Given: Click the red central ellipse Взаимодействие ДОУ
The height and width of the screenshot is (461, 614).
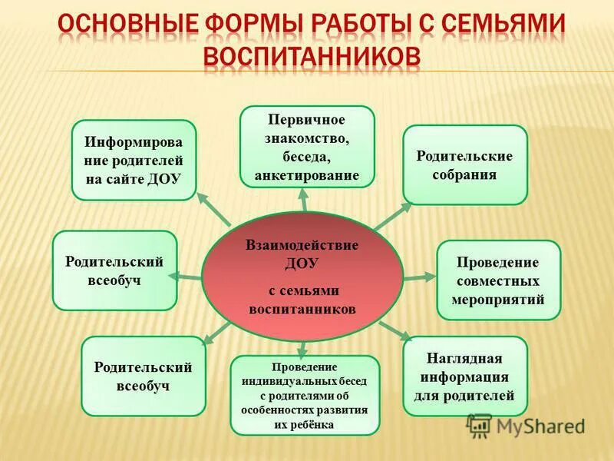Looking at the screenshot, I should (302, 277).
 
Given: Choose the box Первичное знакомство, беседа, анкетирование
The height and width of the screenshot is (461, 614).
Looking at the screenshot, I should (307, 147).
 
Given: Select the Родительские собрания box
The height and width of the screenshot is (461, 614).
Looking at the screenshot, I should (464, 164).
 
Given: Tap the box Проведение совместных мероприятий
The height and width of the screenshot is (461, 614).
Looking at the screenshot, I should (498, 280).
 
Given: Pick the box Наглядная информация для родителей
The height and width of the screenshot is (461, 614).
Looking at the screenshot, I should (464, 376).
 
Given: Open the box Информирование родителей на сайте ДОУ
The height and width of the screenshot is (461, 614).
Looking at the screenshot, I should (134, 160).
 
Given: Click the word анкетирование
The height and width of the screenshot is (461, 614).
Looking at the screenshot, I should (307, 176).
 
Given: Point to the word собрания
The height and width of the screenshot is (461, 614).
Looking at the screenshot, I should (464, 174).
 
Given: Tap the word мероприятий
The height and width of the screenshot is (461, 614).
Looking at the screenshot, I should (498, 299).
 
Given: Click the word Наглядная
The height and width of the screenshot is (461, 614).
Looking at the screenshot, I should (464, 358).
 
